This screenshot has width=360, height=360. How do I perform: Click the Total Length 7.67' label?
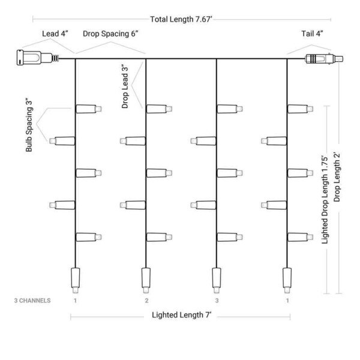coord(181,19)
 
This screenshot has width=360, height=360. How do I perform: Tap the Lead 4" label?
coord(55,34)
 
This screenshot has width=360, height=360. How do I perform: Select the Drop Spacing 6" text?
coord(110,34)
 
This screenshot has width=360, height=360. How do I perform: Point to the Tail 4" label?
coord(312,34)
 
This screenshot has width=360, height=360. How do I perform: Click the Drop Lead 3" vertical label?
coord(125,86)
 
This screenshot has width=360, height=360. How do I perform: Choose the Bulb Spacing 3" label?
coord(29,126)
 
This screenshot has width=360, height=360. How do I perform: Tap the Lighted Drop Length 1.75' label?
coord(325,200)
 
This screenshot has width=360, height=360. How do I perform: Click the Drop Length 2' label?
coord(337,177)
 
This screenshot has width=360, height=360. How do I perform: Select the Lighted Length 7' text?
coord(181,315)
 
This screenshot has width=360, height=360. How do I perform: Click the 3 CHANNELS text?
coord(32,301)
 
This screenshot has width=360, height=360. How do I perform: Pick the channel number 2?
coord(146,301)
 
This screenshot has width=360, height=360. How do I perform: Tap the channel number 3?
coord(217,301)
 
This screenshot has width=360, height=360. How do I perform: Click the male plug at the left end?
coord(38,58)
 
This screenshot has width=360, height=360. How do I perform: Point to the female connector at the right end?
coord(324,59)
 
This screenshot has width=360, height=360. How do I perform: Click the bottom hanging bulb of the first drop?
coord(76,280)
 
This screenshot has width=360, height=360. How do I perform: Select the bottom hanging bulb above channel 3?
coord(216,280)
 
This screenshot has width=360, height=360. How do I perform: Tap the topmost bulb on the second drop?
coord(159,109)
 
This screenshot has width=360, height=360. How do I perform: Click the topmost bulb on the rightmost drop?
coord(301,109)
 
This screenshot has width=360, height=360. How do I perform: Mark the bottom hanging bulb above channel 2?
coord(146,280)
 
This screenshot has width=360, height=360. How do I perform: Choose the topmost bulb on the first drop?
coord(89,109)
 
